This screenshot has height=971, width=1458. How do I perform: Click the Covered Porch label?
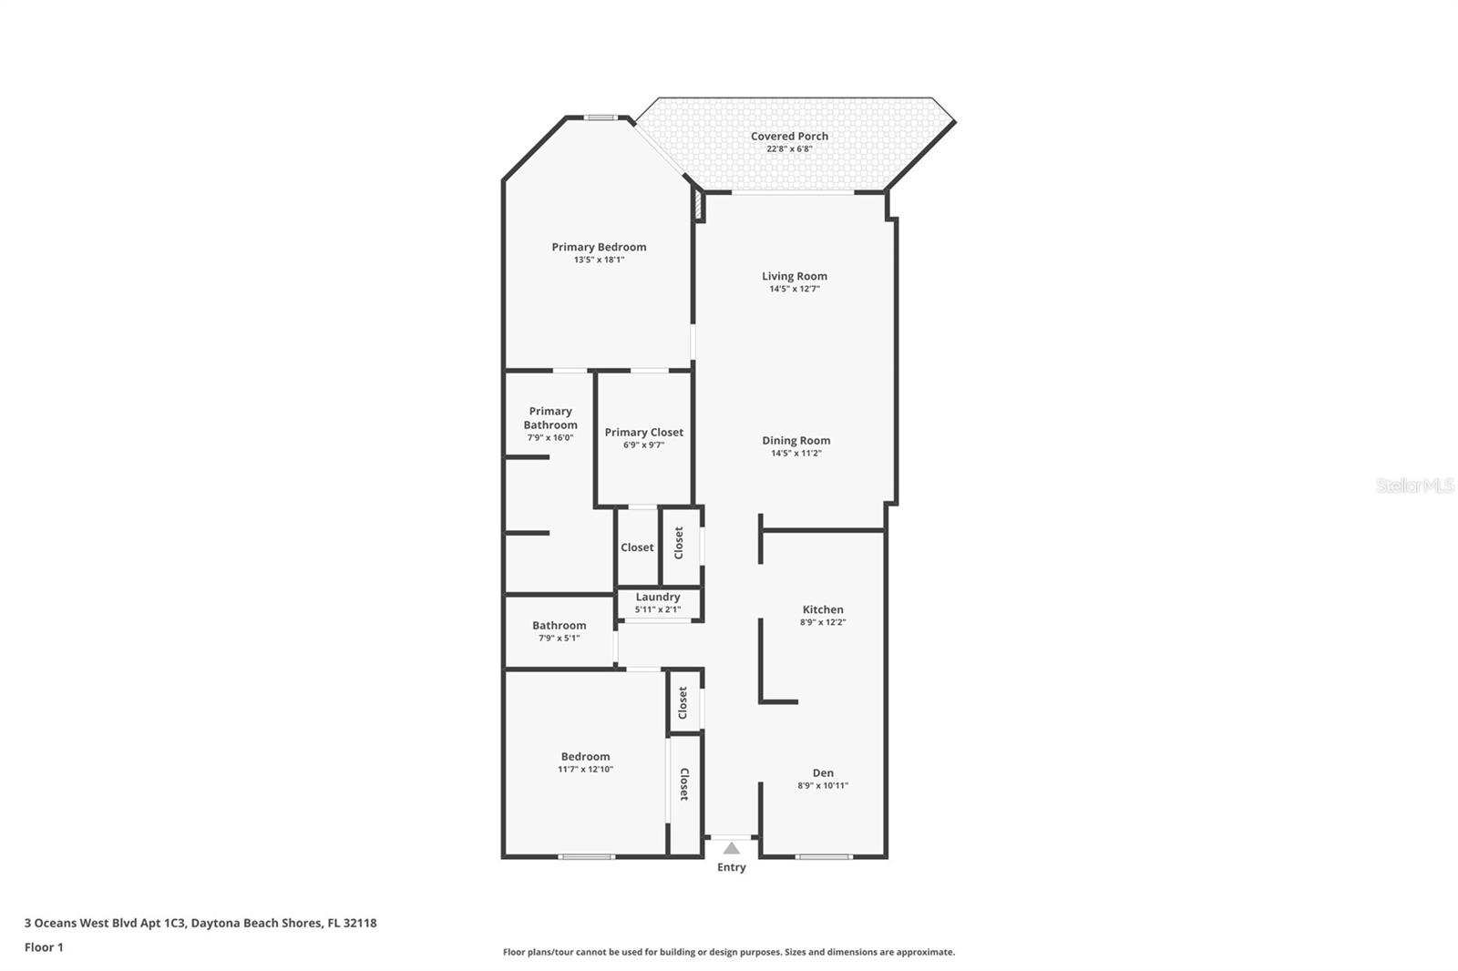coord(789,137)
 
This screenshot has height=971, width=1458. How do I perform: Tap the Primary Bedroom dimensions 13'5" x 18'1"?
coord(599,260)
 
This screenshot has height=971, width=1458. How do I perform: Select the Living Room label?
coord(795,276)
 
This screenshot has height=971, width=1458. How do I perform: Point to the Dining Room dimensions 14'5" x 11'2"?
coord(796,453)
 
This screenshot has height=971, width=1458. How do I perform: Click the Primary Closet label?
coord(643,433)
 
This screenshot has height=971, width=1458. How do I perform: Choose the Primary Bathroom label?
coord(550,418)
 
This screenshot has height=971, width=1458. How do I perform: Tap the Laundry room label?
coord(658,598)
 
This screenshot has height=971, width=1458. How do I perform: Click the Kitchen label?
coord(823,609)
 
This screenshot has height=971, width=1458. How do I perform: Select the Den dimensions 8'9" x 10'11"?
coord(823,785)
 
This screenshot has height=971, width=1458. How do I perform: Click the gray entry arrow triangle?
coord(731,848)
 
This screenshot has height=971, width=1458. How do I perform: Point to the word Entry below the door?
coord(731,867)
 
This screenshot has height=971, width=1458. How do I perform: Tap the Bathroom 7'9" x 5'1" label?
coord(559,630)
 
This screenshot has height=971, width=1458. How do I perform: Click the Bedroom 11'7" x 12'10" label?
coord(585,761)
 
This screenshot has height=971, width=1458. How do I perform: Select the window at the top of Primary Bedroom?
coord(600,118)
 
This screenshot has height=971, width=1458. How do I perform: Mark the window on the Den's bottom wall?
coord(824,856)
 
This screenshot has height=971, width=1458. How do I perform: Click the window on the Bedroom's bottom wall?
coord(586,856)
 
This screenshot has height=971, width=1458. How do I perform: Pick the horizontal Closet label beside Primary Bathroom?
coord(637,547)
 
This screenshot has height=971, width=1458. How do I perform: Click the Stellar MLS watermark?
coord(1414,486)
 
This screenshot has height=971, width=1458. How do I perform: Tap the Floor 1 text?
coord(44,947)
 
